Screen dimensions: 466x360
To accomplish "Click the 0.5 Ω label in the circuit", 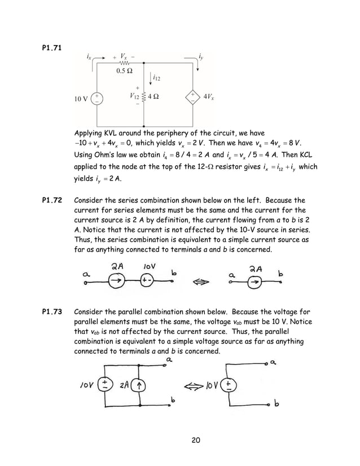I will [x=124, y=71].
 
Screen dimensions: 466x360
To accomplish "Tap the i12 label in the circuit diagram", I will [x=157, y=77].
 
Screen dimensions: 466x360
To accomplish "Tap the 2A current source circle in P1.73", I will [x=139, y=386].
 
